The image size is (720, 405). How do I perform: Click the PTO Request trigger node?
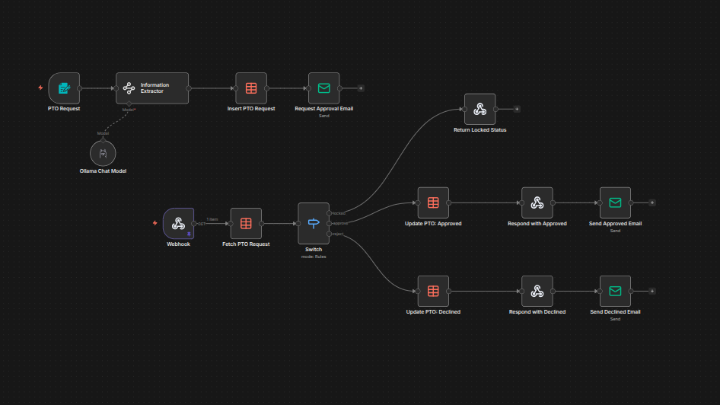(x=64, y=88)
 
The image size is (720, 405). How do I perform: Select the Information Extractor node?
(x=152, y=88)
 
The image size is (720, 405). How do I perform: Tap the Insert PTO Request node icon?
(x=251, y=88)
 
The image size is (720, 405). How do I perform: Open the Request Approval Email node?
(x=323, y=88)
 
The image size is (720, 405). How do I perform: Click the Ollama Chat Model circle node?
(x=104, y=154)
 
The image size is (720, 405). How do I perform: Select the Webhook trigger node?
(x=178, y=224)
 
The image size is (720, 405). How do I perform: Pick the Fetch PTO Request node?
(x=246, y=224)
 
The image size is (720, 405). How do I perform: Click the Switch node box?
(x=314, y=223)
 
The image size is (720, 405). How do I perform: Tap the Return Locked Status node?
(x=479, y=110)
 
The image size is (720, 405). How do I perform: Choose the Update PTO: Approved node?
(x=433, y=203)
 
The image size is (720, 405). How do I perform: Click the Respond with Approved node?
(x=537, y=203)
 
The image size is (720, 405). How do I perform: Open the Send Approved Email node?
(x=615, y=203)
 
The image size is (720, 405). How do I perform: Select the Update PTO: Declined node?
(x=433, y=291)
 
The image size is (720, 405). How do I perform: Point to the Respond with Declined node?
(x=537, y=291)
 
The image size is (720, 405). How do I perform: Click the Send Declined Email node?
(x=615, y=291)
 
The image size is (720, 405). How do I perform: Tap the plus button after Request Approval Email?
(x=361, y=88)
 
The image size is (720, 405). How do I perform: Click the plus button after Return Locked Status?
(x=517, y=109)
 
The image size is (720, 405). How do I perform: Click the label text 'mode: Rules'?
(x=314, y=257)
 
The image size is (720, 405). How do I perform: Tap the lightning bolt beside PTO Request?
(x=41, y=88)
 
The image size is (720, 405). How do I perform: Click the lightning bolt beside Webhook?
(x=155, y=223)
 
